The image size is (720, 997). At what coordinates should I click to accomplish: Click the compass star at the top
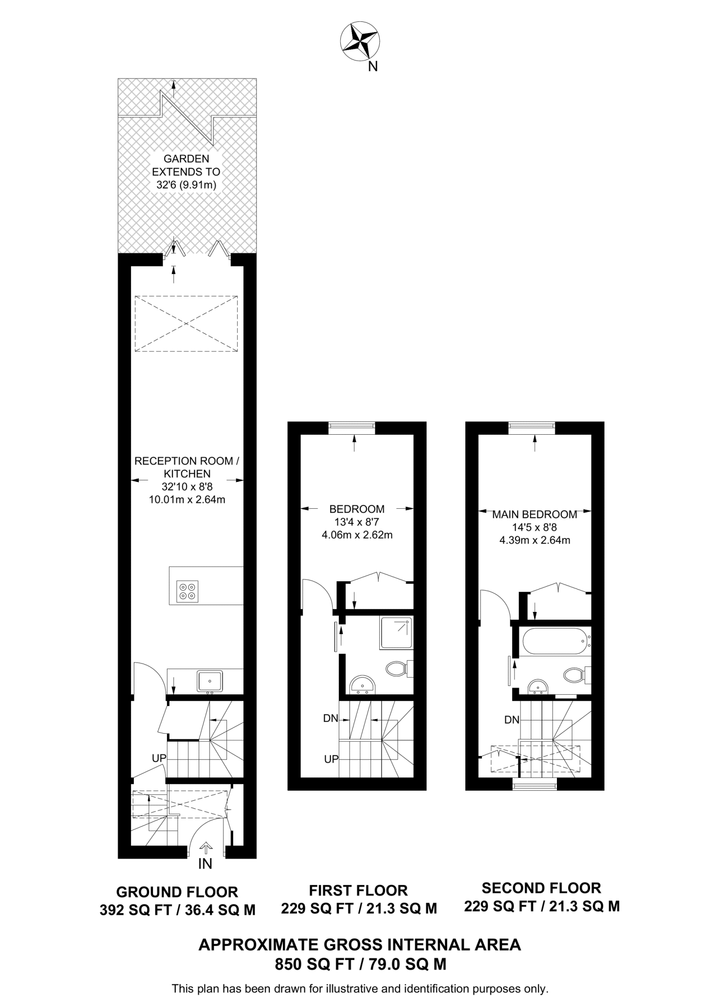tap(360, 42)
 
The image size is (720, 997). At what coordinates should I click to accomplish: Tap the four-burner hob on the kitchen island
tap(188, 591)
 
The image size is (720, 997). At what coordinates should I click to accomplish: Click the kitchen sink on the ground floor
tap(210, 681)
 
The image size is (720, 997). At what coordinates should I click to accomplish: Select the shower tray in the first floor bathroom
tap(396, 633)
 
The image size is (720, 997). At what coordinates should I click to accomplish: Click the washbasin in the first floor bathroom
tap(362, 684)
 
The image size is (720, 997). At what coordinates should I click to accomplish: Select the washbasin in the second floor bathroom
tap(538, 686)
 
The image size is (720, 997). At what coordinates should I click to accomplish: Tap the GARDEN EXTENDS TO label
tap(186, 166)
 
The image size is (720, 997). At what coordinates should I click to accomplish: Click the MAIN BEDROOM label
tap(535, 515)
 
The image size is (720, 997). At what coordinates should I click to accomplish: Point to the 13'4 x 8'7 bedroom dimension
tap(357, 522)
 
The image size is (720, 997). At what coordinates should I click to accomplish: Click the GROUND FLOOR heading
tap(177, 892)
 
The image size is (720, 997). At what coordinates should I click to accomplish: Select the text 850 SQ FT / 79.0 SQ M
tap(360, 964)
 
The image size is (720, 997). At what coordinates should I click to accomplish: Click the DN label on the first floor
tap(330, 718)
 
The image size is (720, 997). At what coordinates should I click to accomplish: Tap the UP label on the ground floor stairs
tap(159, 758)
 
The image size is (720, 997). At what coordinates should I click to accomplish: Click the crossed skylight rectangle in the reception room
tap(186, 323)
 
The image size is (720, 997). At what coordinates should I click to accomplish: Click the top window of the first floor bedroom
tap(352, 427)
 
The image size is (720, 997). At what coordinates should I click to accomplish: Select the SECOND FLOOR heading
tap(541, 888)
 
